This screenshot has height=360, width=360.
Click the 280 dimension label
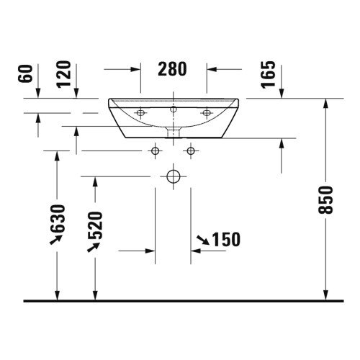(172, 69)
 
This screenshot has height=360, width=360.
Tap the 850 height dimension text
(325, 199)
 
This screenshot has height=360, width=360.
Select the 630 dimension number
(58, 219)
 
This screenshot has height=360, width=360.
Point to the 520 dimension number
(95, 226)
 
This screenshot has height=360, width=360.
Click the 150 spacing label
(226, 239)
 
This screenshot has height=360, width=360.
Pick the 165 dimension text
(269, 74)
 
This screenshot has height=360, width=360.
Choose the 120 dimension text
(64, 74)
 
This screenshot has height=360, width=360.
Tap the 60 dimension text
(25, 73)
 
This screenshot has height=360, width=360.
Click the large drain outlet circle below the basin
(174, 176)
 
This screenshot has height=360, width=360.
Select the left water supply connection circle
(156, 151)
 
